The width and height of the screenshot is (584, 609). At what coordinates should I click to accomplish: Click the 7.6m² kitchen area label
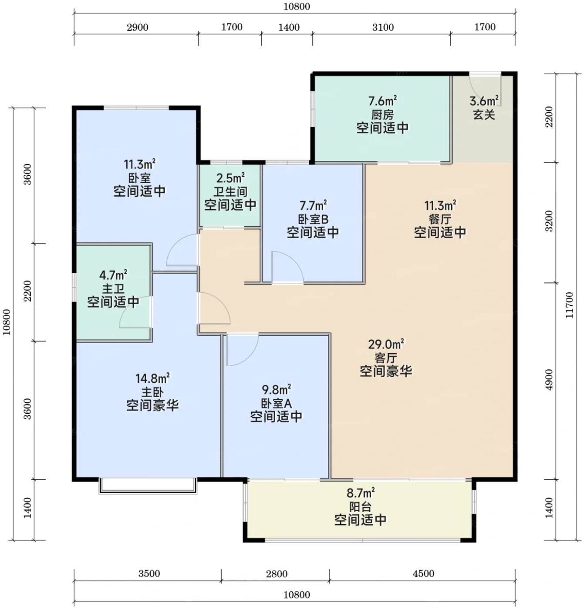coord(382,101)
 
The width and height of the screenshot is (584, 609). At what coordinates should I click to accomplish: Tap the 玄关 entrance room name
coord(484,115)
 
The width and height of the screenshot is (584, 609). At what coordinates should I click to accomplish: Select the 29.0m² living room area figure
coord(386,344)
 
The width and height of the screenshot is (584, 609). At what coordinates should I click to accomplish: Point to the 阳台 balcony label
coord(360,506)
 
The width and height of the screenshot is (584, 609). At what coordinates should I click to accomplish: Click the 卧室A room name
coord(276,403)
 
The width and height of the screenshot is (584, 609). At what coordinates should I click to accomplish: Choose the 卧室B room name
coord(313,219)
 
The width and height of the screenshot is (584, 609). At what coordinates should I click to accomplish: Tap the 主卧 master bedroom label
coord(152,392)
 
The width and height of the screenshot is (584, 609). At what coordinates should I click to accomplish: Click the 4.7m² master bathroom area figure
coord(113,275)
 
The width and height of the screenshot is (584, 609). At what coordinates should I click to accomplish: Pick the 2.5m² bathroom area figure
coord(230,178)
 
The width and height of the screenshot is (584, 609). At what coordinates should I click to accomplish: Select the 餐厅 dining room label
coord(440,219)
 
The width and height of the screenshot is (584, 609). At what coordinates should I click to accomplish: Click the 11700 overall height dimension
coord(569,305)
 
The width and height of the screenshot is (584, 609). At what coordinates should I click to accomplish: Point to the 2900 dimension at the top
coord(138,27)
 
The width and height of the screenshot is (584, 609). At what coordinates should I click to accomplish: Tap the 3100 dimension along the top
coord(383,27)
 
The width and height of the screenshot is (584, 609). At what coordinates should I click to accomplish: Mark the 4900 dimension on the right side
coord(549,380)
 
